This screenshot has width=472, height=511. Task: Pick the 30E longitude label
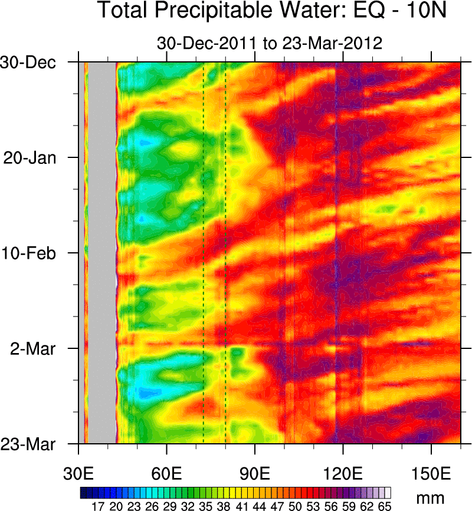(78, 473)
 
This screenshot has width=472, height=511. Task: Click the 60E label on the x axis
(167, 473)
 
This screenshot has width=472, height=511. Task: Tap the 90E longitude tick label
(255, 473)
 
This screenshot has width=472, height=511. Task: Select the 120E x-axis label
(343, 473)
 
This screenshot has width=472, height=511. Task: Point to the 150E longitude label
(431, 473)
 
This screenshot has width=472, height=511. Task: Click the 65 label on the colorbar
(385, 506)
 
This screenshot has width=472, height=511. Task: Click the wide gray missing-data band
(102, 253)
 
